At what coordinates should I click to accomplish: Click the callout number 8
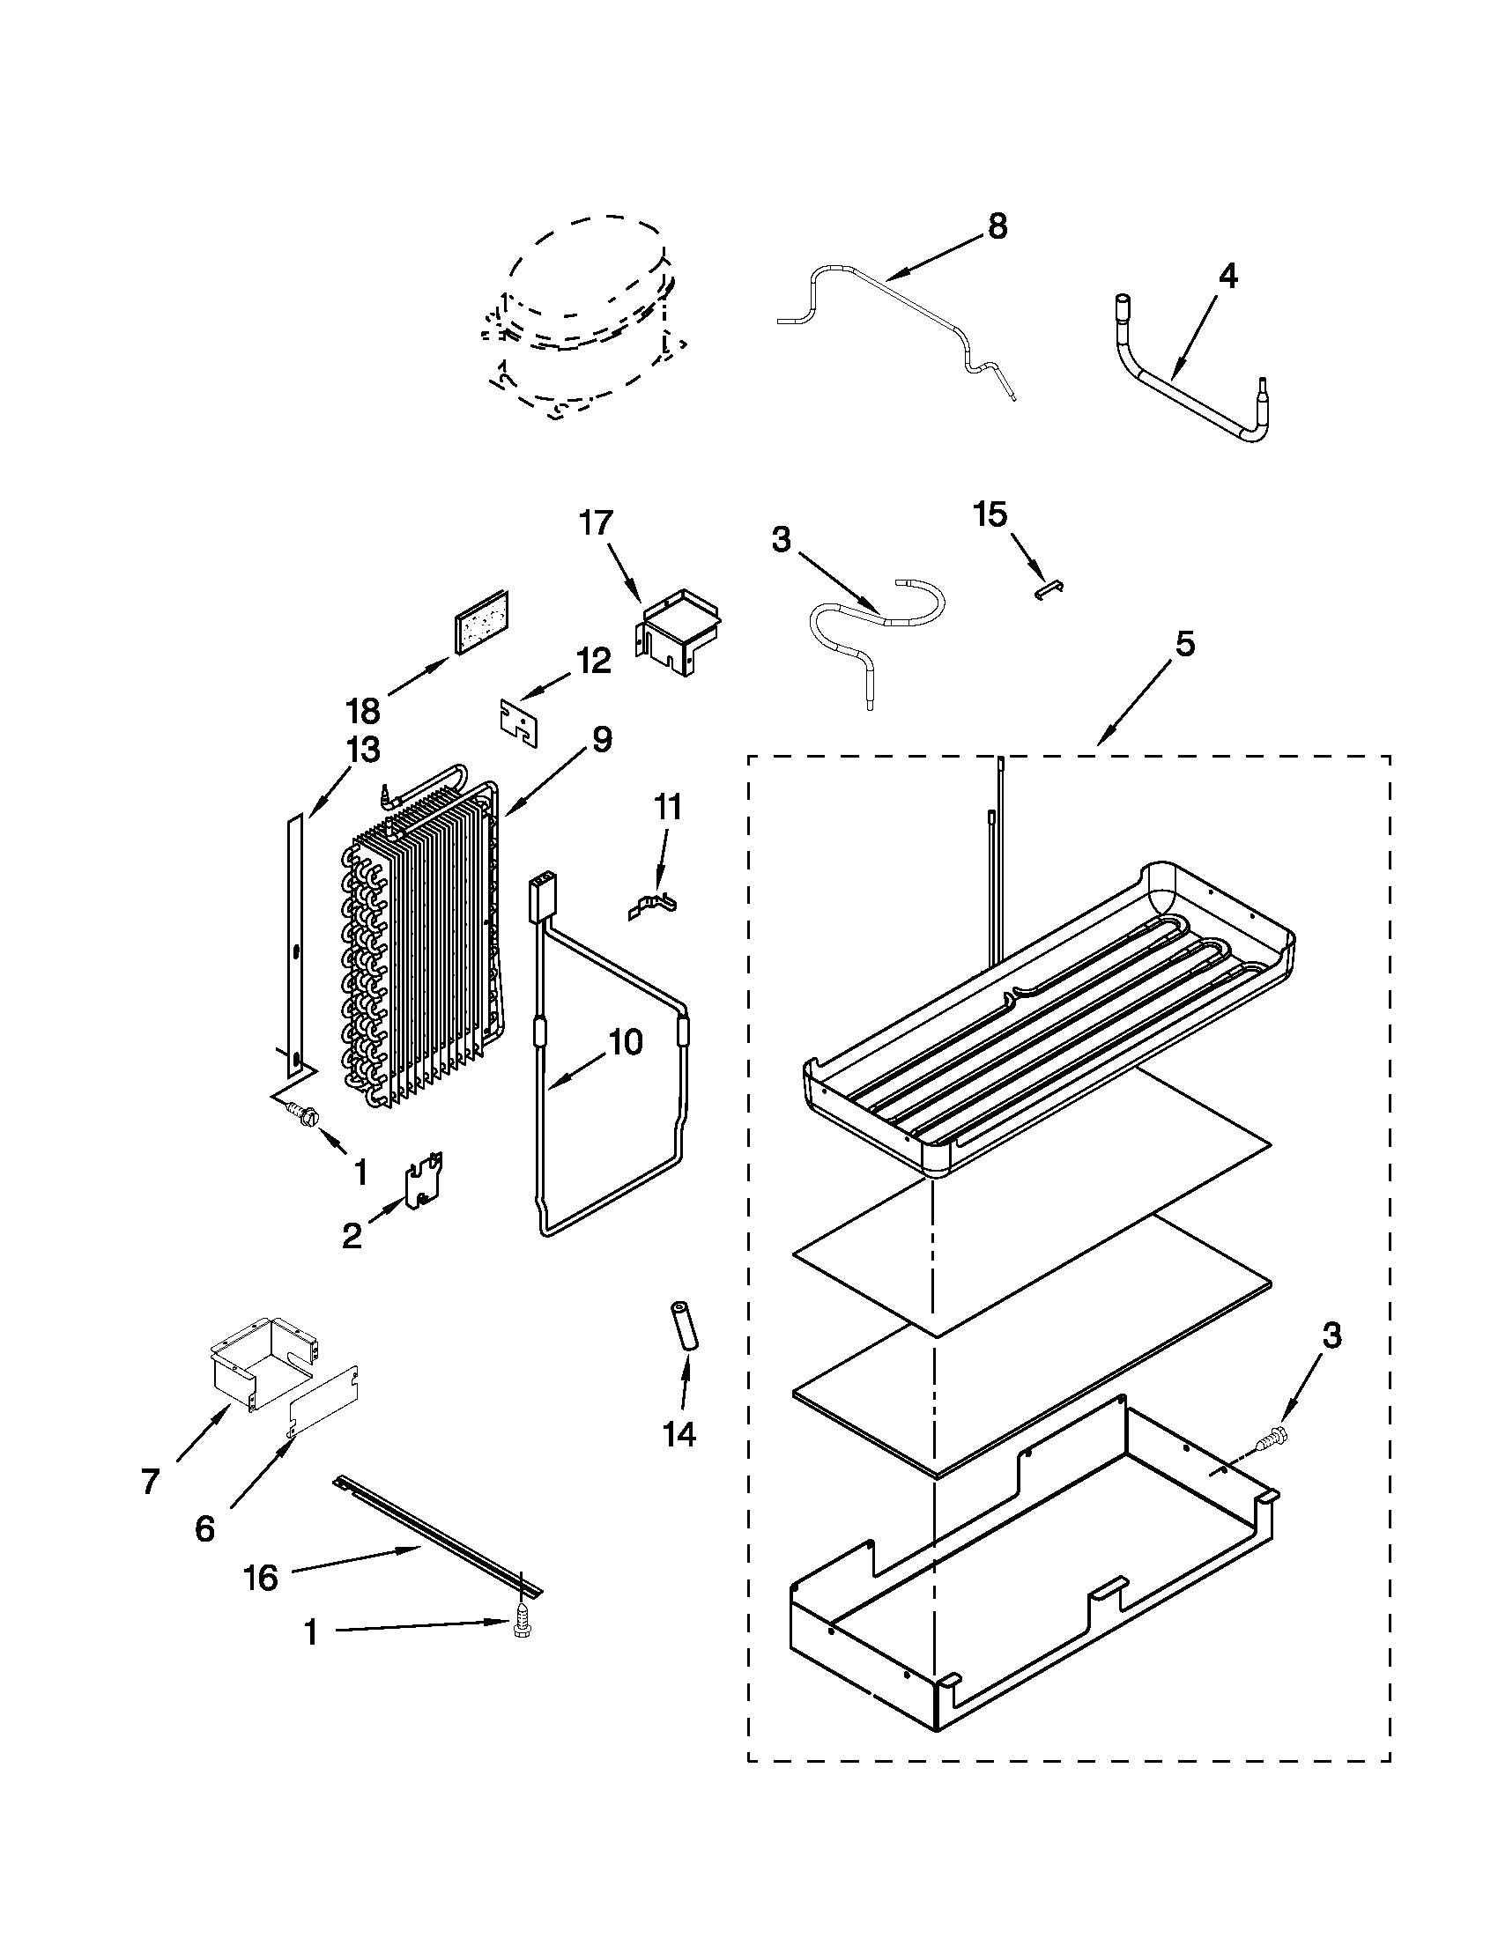[997, 227]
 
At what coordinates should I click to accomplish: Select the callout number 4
[1227, 277]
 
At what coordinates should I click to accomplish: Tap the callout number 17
[597, 522]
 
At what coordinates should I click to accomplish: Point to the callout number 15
[991, 514]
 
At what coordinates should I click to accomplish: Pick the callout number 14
[679, 1434]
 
